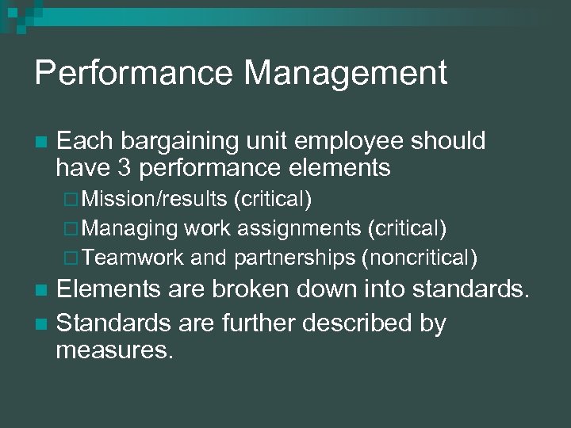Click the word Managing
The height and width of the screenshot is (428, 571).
tap(130, 229)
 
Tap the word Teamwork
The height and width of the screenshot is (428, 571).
tap(133, 258)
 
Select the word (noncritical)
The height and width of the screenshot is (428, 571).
tap(419, 258)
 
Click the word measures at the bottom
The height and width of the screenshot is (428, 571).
tap(114, 350)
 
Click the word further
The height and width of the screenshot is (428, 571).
tap(240, 323)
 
